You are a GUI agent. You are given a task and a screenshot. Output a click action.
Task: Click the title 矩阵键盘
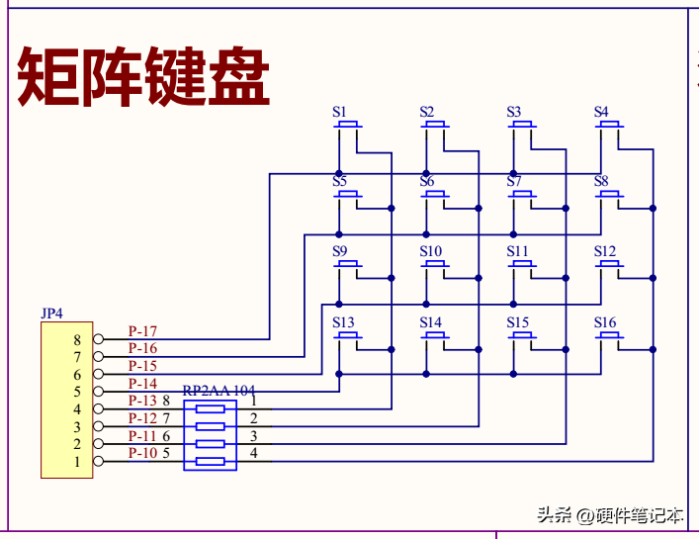[144, 77]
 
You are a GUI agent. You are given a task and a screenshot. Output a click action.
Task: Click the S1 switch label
[339, 112]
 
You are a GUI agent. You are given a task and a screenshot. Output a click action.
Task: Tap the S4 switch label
[601, 112]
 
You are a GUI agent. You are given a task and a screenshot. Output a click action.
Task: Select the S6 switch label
[426, 181]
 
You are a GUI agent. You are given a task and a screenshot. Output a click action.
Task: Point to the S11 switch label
[517, 251]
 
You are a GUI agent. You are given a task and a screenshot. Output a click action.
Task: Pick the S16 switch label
[605, 322]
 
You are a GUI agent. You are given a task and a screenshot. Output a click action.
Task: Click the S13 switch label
[343, 322]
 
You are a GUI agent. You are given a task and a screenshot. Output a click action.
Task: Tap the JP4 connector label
[51, 314]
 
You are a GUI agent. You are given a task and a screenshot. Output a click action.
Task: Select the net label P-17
[142, 331]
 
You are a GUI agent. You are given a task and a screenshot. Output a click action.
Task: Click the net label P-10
[142, 453]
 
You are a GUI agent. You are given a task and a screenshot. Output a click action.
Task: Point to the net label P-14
[142, 384]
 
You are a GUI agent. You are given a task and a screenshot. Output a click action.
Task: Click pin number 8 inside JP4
[77, 339]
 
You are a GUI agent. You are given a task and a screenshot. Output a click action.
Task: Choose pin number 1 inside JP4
[77, 462]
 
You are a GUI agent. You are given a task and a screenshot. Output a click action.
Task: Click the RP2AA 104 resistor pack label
[218, 391]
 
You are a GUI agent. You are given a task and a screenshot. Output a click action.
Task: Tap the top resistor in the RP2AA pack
[210, 408]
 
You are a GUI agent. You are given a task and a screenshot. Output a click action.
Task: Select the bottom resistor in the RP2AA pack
[210, 461]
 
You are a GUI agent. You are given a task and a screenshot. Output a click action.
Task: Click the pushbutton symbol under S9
[349, 266]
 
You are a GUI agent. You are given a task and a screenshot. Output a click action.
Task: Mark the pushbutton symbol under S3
[523, 126]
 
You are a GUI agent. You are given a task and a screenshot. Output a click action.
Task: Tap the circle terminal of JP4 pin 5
[98, 392]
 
